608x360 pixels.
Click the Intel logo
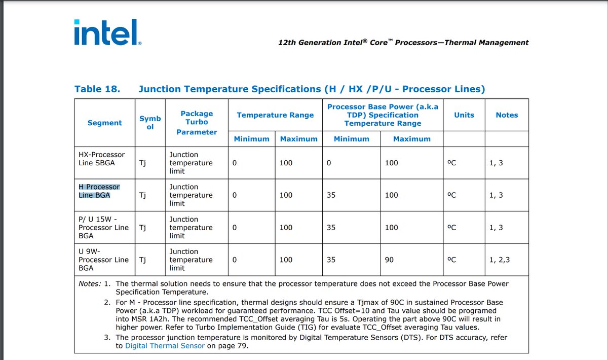point(108,32)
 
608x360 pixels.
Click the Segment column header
point(104,123)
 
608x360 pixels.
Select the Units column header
point(464,115)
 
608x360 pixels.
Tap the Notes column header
point(507,115)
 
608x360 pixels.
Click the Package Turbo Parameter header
point(197,123)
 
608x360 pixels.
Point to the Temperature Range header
point(275,115)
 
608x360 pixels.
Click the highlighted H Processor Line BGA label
point(99,191)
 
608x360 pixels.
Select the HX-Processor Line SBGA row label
point(101,159)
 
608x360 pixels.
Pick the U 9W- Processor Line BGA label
point(103,260)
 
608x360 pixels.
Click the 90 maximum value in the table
point(389,260)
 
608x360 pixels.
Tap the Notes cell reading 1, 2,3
point(500,260)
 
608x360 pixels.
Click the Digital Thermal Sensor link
point(165,346)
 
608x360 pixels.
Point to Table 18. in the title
point(97,89)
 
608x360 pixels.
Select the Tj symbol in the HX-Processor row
point(142,163)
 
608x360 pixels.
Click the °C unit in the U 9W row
point(451,260)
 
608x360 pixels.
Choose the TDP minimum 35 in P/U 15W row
point(331,228)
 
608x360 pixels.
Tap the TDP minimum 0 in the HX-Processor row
point(329,163)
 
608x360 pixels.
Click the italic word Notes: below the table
point(90,283)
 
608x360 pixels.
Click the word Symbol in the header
point(150,123)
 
